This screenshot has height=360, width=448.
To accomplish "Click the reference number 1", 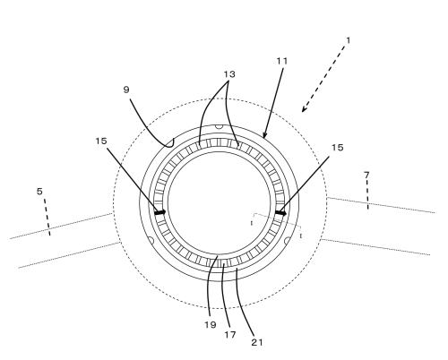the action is (348, 40).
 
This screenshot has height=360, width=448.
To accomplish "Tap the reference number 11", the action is (282, 61).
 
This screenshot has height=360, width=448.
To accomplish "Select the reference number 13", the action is (229, 74).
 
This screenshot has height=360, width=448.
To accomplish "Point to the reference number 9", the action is (126, 90).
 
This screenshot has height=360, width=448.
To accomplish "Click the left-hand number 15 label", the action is (101, 141).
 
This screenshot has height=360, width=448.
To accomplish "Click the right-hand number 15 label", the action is (338, 147).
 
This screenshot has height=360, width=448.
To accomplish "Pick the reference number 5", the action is (39, 192).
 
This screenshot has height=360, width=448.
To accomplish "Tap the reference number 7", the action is (366, 176).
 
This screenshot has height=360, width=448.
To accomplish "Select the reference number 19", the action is (211, 325).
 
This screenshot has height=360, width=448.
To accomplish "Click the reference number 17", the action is (230, 335).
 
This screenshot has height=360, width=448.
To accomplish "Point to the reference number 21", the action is (257, 342).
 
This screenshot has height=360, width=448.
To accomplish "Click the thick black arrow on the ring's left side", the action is (159, 212).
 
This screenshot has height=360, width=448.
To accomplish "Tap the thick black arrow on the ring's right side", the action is (280, 213).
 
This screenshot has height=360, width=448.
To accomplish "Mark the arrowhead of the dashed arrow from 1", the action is (304, 109).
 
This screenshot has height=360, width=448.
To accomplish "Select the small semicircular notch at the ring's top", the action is (220, 127).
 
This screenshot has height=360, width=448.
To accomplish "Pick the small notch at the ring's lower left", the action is (151, 240).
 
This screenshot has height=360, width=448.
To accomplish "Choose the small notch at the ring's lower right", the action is (287, 241).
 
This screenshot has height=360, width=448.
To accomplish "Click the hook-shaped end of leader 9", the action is (170, 143).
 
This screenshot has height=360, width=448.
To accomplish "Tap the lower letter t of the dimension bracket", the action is (301, 236).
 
